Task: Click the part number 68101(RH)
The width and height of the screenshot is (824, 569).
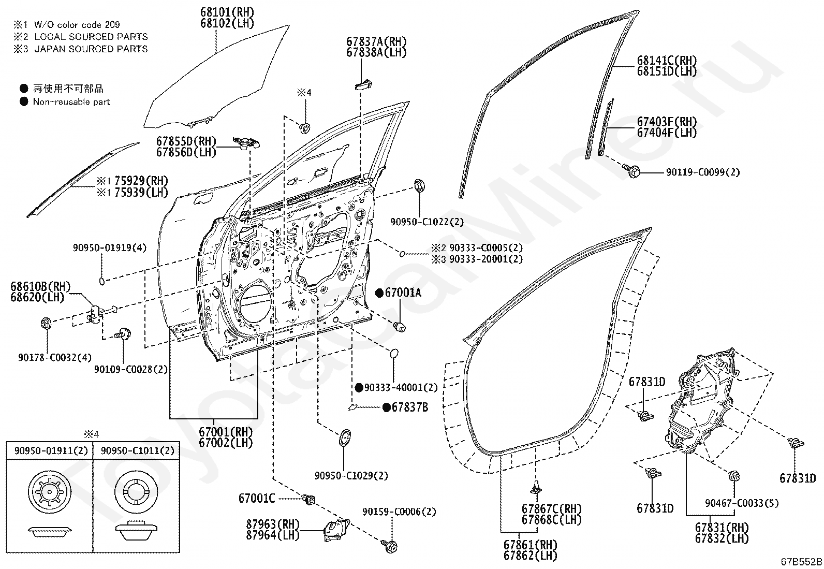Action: [x=227, y=12]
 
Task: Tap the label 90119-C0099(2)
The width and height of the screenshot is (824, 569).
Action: [x=702, y=172]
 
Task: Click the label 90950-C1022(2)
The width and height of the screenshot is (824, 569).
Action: [x=426, y=222]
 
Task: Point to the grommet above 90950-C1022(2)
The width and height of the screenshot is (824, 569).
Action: [x=419, y=185]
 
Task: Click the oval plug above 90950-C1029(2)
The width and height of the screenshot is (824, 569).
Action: [x=344, y=437]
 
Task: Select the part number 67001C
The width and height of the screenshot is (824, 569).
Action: [x=257, y=499]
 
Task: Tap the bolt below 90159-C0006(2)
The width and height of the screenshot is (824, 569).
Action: [x=390, y=546]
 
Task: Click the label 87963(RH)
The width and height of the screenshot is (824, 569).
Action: [x=273, y=524]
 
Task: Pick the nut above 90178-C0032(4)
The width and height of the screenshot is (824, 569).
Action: [x=47, y=324]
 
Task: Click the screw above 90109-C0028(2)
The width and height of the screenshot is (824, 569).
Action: [x=123, y=334]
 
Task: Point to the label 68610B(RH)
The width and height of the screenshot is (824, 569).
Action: [x=40, y=286]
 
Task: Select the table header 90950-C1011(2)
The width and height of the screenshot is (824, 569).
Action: [x=138, y=450]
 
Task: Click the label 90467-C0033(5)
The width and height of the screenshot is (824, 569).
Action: [x=742, y=503]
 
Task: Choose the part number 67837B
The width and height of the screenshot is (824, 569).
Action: [x=410, y=407]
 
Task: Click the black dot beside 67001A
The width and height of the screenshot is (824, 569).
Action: [x=379, y=293]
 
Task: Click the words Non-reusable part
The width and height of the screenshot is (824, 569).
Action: [x=71, y=101]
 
